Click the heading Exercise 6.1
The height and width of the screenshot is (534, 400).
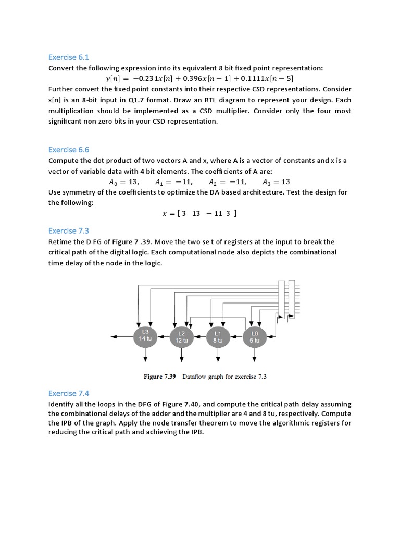coord(69,57)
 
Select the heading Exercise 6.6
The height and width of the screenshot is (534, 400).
coord(69,149)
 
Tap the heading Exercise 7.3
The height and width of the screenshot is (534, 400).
coord(69,230)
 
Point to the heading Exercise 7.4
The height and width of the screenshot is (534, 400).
coord(69,393)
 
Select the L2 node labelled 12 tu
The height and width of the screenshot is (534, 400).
coord(181,336)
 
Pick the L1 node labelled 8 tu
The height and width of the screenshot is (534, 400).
coord(218,336)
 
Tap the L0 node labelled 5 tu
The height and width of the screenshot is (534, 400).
coord(254,336)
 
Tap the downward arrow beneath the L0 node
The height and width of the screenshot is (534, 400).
coord(254,359)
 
